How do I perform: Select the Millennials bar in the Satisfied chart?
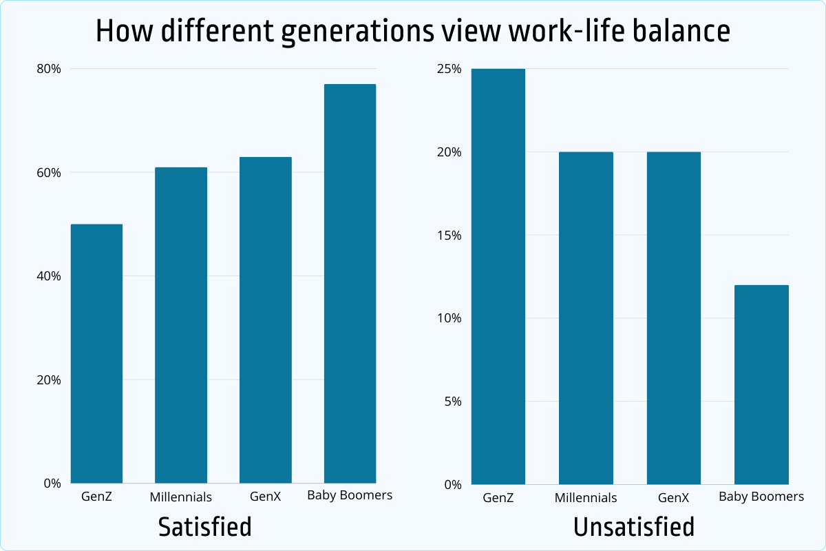[181, 325]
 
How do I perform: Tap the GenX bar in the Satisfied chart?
[266, 320]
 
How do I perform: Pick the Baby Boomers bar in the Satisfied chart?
[350, 284]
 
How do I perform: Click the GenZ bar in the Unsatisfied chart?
[498, 276]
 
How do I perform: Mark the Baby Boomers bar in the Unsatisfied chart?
[761, 384]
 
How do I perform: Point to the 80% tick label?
[49, 69]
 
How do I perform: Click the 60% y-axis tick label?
[49, 172]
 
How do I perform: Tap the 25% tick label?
[448, 69]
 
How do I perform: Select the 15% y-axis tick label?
[448, 236]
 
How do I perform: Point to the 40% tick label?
[49, 276]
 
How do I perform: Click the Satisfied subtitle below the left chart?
[204, 527]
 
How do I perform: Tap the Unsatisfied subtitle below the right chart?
[633, 527]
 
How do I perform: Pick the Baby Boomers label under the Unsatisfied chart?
[761, 497]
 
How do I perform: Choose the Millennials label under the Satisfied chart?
[181, 497]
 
